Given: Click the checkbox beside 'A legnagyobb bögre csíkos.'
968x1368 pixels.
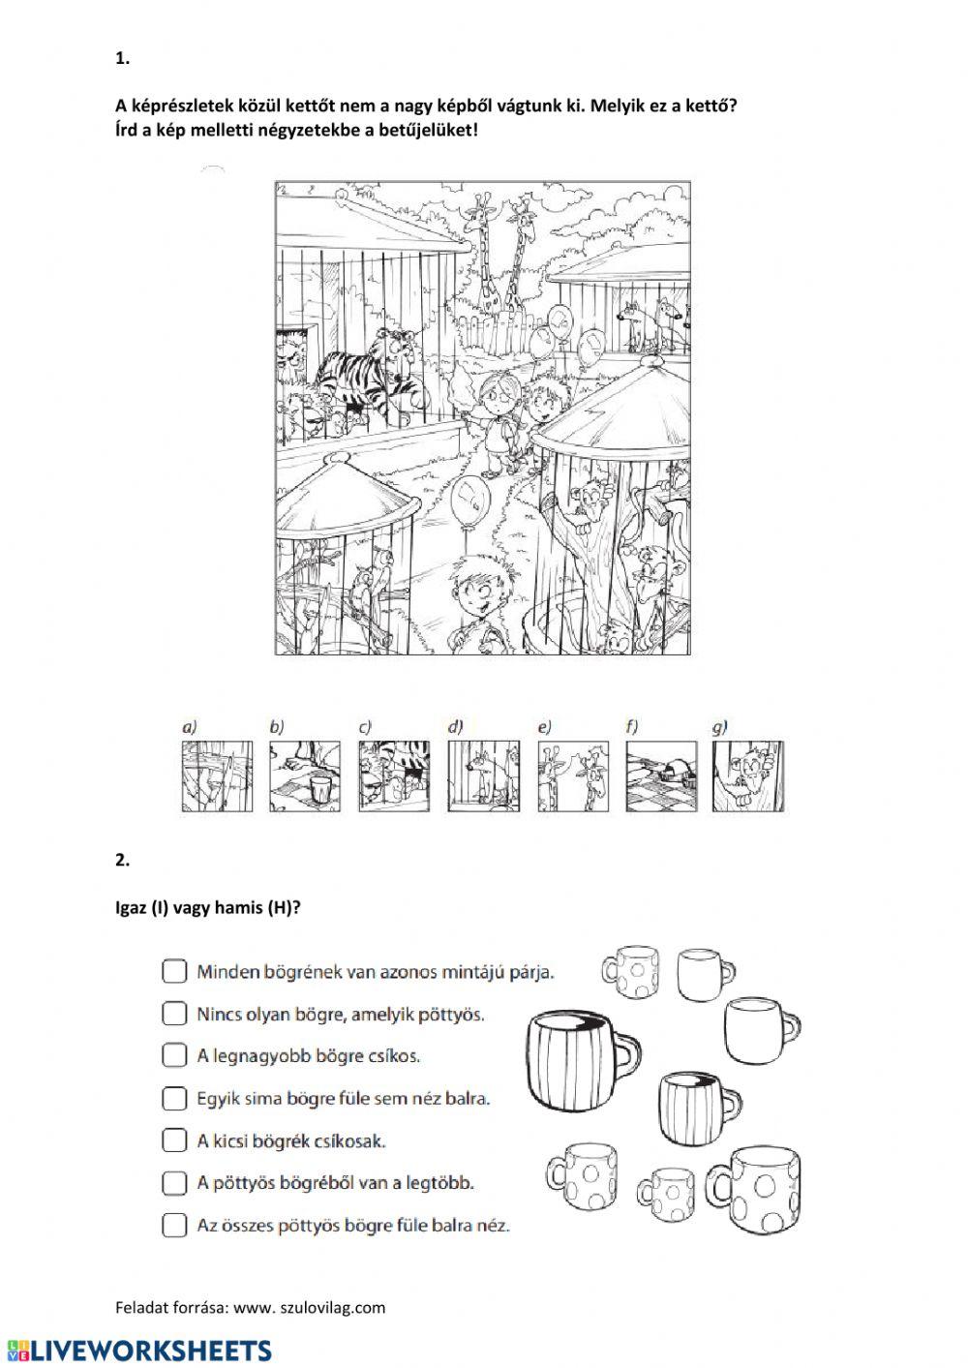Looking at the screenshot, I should [173, 1055].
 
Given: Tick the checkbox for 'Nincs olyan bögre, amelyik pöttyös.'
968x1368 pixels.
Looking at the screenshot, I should [173, 1014].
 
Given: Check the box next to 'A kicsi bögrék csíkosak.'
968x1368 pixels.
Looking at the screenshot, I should [173, 1140].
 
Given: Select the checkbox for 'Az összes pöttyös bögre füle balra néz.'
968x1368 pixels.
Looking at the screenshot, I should [173, 1225].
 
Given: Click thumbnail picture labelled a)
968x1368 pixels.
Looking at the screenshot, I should [218, 776].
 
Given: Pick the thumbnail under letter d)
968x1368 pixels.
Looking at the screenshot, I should [484, 776].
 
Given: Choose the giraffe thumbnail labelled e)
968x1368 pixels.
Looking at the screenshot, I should [573, 776].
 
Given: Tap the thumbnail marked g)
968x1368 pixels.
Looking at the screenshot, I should [748, 776].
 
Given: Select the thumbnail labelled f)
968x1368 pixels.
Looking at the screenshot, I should [661, 776].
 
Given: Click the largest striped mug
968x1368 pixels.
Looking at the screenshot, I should [577, 1059].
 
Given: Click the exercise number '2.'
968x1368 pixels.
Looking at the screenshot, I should [122, 859].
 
